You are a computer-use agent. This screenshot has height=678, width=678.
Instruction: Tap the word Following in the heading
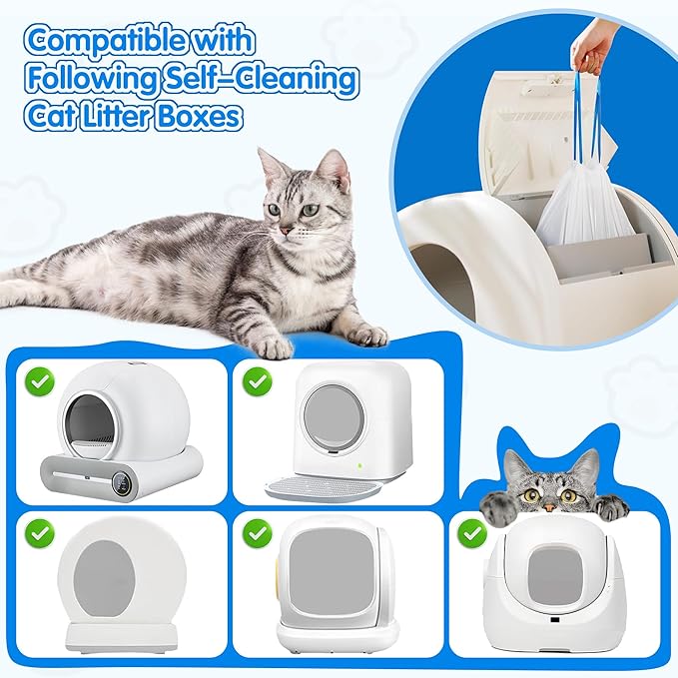[x=95, y=79]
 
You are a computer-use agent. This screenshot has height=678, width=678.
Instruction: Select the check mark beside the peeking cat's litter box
[x=472, y=532]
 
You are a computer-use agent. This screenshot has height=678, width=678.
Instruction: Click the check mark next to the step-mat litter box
[x=258, y=380]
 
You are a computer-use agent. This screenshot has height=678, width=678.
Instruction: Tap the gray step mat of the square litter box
[x=324, y=487]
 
